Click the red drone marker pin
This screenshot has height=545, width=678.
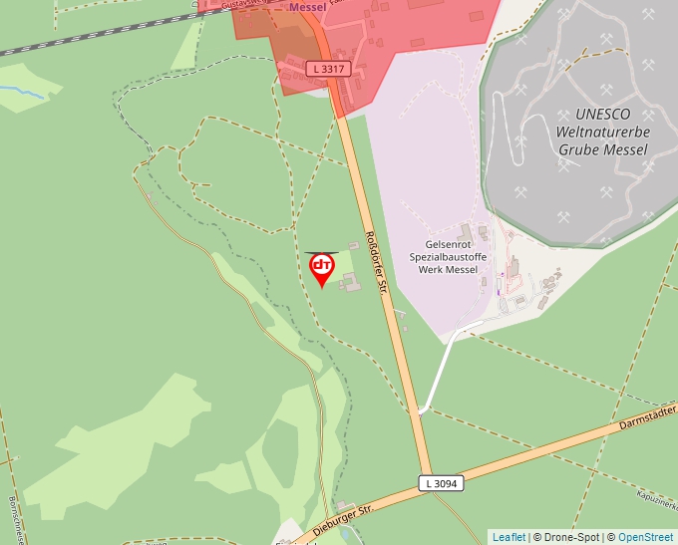coord(321,268)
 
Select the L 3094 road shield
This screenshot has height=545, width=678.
coord(440,483)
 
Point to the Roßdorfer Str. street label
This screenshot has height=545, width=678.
coord(375,261)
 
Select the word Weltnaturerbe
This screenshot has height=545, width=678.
coord(602,132)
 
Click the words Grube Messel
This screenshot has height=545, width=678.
coord(602,149)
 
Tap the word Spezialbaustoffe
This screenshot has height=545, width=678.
coord(448,257)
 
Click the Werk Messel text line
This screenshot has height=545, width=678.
coord(448,270)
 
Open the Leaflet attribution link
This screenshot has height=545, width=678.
coord(508,537)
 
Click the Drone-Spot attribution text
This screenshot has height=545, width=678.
coord(568,537)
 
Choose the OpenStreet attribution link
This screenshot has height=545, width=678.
coord(645,537)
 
